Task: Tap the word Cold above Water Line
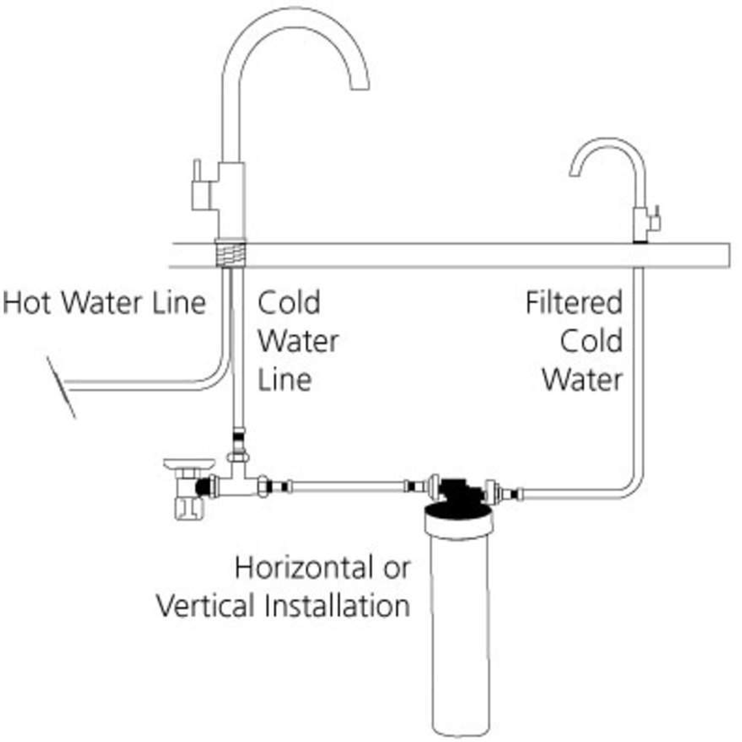[x=289, y=302]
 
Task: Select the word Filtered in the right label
[x=574, y=302]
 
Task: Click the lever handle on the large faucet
[x=197, y=185]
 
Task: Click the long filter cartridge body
[x=458, y=632]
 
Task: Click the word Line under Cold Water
[x=284, y=379]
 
